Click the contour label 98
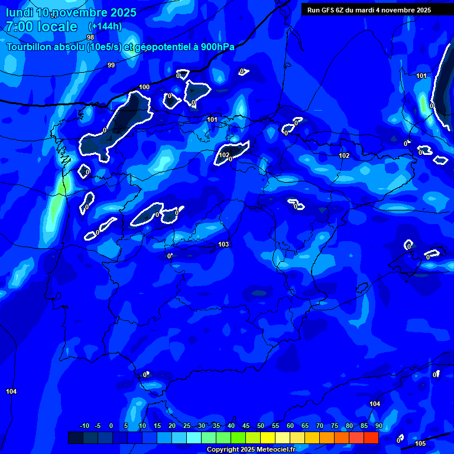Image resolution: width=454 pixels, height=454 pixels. coord(90,37)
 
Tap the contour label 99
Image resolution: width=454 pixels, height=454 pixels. coord(111,65)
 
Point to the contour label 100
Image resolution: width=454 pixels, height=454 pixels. coord(144,87)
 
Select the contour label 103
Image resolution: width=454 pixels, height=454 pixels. coord(223,244)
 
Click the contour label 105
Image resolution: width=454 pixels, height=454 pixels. coord(420,443)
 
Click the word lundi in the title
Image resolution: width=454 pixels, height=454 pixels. coord(20,12)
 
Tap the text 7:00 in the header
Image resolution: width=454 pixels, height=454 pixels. coord(19,27)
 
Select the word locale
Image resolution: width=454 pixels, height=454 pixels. coord(56,27)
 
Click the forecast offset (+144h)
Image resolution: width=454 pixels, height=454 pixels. coord(105,27)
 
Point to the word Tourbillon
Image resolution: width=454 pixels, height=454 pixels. coord(30,47)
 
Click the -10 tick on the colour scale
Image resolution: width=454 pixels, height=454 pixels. coord(84,426)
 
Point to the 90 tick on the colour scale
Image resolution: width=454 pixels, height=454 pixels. coord(378,426)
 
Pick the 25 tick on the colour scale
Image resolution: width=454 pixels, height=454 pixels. coord(186,426)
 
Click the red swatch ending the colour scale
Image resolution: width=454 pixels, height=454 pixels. coord(371,437)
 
